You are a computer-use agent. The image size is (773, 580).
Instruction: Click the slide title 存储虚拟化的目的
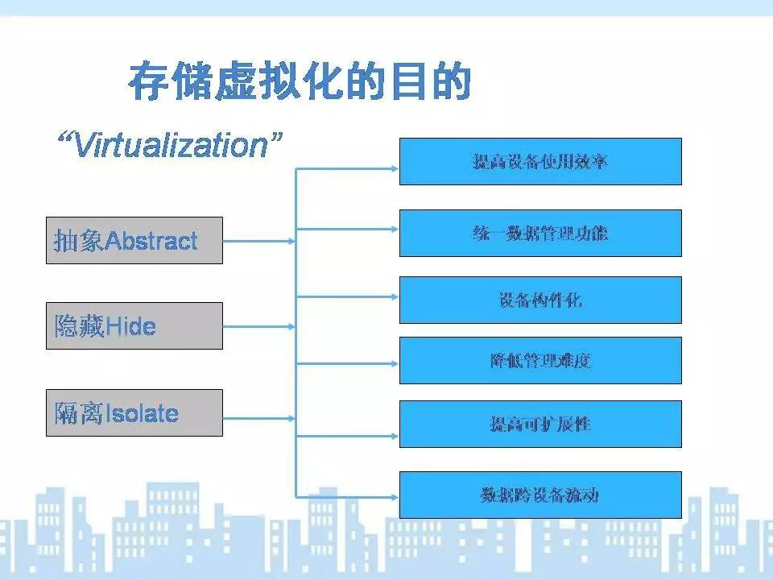point(300,81)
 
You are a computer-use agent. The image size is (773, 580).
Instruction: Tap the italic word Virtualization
point(171,146)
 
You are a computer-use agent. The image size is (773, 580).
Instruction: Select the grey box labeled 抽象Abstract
point(134,241)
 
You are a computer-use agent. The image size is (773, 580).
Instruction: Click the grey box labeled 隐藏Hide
point(134,326)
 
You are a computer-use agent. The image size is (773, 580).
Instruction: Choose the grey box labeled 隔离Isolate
point(134,412)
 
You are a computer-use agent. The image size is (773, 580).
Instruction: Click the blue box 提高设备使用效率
point(540,162)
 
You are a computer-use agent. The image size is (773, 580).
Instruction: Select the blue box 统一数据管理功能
point(540,234)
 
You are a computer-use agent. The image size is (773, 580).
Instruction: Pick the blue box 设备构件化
point(540,300)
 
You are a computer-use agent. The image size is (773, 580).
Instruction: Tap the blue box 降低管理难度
point(540,361)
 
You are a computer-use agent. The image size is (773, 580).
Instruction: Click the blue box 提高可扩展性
point(540,425)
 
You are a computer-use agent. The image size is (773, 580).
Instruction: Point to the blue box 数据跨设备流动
point(540,495)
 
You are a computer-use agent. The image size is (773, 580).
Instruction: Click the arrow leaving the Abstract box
point(259,241)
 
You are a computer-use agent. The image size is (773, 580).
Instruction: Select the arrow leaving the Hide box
point(259,326)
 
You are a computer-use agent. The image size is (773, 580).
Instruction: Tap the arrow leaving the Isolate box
point(259,419)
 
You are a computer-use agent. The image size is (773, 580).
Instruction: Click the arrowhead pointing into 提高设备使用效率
point(395,169)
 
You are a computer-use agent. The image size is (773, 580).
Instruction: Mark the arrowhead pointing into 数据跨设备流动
point(395,497)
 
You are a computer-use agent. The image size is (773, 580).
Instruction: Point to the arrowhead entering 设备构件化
point(395,297)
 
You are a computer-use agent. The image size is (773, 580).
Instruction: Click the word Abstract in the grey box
point(151,241)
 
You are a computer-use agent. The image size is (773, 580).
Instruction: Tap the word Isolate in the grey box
point(142,413)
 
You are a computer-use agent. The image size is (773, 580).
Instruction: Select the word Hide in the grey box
point(130,326)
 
